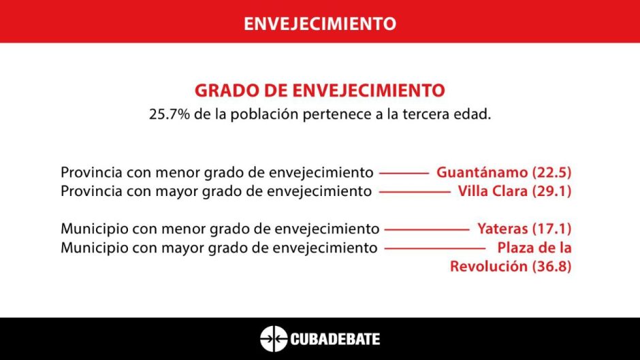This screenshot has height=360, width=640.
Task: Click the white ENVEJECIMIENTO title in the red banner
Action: tap(320, 23)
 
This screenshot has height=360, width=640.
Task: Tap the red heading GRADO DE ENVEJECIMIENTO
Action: tap(319, 91)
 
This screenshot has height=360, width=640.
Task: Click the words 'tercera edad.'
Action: tap(447, 114)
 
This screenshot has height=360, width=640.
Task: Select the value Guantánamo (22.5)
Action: tap(504, 172)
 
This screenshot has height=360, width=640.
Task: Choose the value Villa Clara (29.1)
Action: tap(514, 191)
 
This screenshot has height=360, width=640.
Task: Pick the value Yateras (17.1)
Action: tap(524, 229)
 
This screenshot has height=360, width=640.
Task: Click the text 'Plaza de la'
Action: tap(534, 247)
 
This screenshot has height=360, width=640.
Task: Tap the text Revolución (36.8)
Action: tap(511, 266)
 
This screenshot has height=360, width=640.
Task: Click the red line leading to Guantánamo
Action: tap(404, 173)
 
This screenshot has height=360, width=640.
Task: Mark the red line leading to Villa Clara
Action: tap(415, 192)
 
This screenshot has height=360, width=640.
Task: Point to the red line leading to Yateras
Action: tap(427, 229)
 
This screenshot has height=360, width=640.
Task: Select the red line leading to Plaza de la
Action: tap(435, 248)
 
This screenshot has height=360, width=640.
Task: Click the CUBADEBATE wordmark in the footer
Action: tap(335, 339)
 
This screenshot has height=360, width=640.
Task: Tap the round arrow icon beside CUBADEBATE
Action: tap(274, 339)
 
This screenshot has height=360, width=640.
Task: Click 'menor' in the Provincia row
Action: tap(178, 173)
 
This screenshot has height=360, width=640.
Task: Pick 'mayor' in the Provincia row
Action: tap(178, 192)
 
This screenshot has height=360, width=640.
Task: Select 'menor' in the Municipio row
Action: tap(184, 229)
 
